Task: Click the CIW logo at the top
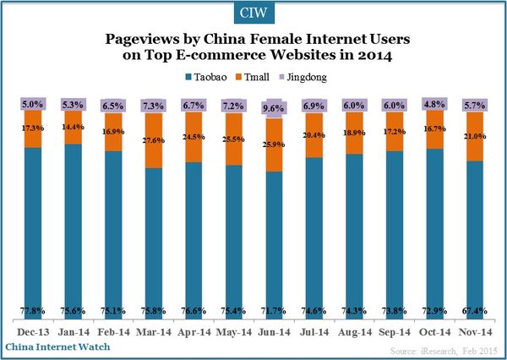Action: (253, 13)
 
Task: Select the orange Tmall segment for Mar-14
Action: (155, 139)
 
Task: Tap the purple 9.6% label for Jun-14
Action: (275, 109)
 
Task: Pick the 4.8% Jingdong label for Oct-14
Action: (434, 104)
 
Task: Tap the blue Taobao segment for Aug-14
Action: (355, 237)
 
